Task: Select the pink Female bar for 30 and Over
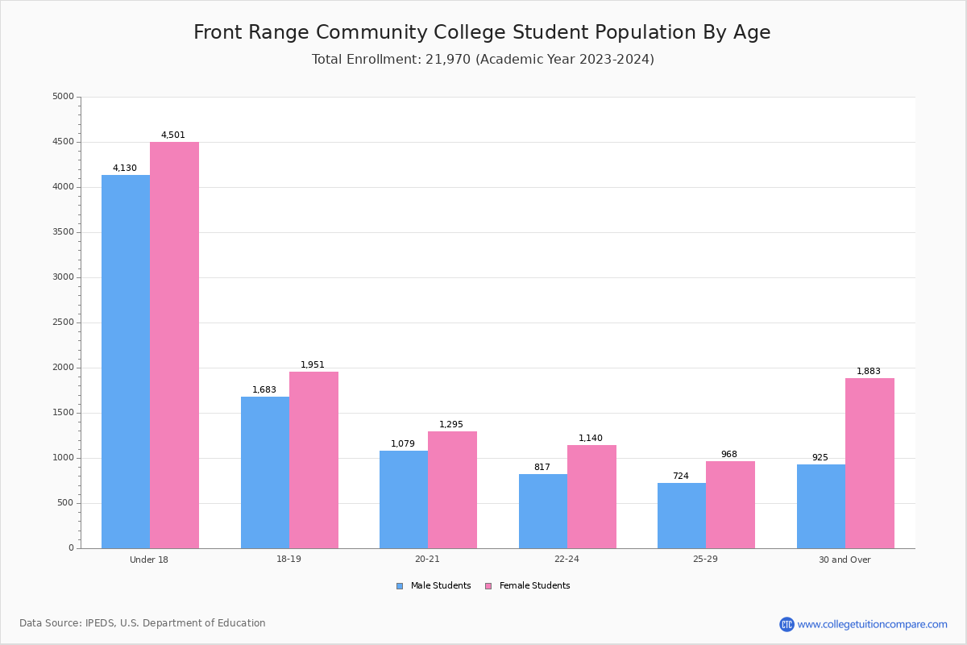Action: (x=869, y=463)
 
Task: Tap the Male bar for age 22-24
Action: (x=543, y=511)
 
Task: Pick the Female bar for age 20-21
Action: (x=452, y=489)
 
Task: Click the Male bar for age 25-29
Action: (x=682, y=515)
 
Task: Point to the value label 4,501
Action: (x=173, y=135)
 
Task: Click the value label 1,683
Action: (x=264, y=390)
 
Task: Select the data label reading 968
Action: (x=729, y=455)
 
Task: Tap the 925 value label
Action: (x=820, y=458)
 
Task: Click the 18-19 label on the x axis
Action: (x=288, y=560)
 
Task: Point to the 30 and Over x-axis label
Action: (x=845, y=560)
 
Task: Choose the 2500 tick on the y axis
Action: (x=63, y=322)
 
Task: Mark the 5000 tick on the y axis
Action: (x=63, y=97)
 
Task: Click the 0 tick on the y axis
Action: (x=71, y=548)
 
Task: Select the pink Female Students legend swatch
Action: (x=488, y=586)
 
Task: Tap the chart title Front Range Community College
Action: (x=482, y=33)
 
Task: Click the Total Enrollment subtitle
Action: (x=483, y=60)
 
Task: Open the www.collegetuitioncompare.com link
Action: (x=872, y=624)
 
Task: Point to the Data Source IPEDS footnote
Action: (x=143, y=623)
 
